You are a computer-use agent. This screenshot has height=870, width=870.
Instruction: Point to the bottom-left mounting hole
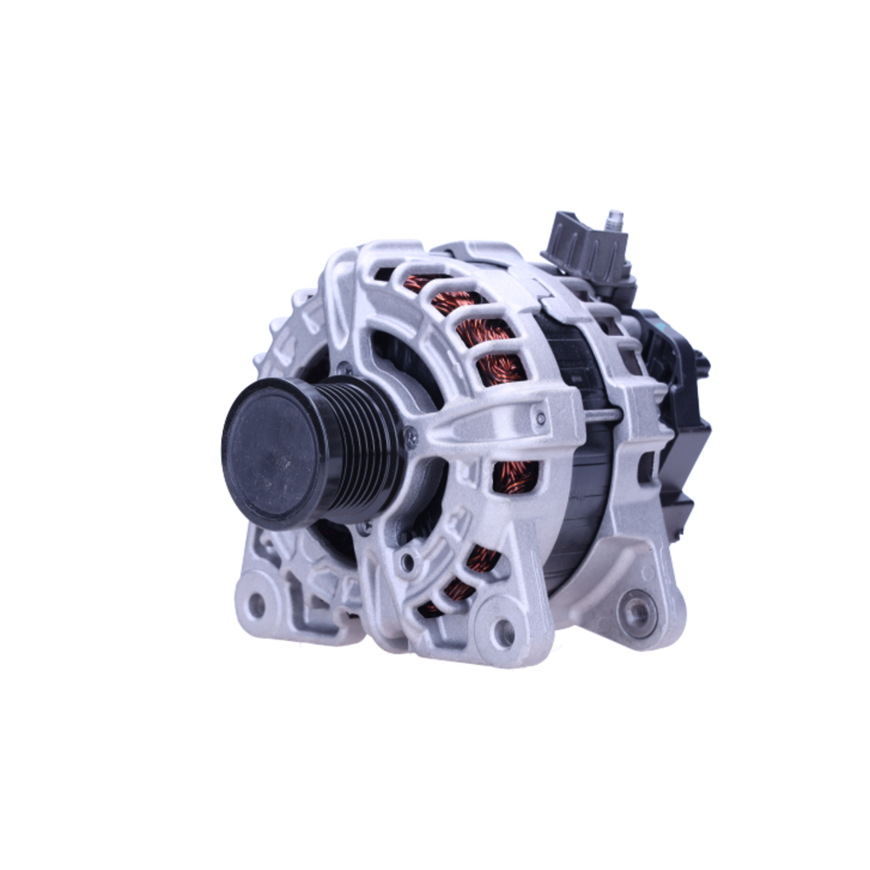click(x=257, y=603)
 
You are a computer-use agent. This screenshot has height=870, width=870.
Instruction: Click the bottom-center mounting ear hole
click(x=504, y=632)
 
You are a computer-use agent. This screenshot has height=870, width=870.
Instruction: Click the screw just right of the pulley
click(x=411, y=437)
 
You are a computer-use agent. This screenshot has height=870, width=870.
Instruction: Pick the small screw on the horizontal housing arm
click(x=541, y=418)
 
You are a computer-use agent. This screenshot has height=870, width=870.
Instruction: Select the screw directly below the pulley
click(x=365, y=525)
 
